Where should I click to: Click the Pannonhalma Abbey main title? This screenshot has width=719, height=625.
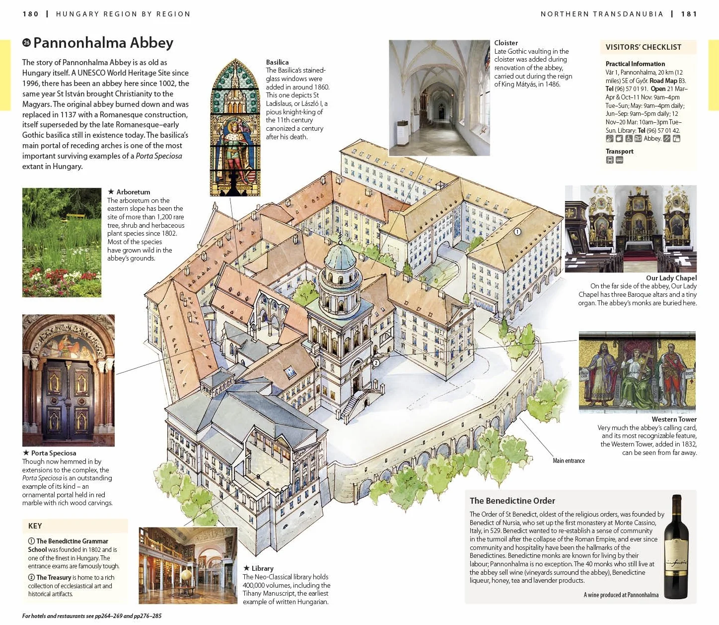pyautogui.click(x=103, y=43)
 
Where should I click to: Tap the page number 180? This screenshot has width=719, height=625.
pyautogui.click(x=31, y=14)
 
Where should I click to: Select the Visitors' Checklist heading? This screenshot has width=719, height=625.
pyautogui.click(x=643, y=47)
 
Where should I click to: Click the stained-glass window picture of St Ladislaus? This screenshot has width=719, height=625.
pyautogui.click(x=235, y=127)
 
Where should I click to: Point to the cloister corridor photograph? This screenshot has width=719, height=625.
pyautogui.click(x=439, y=98)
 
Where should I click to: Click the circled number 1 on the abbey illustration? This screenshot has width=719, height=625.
pyautogui.click(x=517, y=232)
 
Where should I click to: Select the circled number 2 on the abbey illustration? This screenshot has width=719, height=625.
pyautogui.click(x=376, y=363)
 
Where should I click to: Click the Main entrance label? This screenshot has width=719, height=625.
pyautogui.click(x=569, y=460)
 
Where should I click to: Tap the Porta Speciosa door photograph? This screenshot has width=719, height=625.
pyautogui.click(x=69, y=380)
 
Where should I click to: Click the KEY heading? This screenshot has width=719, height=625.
pyautogui.click(x=35, y=526)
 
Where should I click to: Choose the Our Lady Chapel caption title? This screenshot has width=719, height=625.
pyautogui.click(x=671, y=278)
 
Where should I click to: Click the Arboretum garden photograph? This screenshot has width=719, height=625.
pyautogui.click(x=62, y=243)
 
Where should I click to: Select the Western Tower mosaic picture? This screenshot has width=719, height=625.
pyautogui.click(x=637, y=372)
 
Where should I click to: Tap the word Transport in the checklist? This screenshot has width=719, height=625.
pyautogui.click(x=619, y=151)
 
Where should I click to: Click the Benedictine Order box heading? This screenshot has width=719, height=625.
pyautogui.click(x=512, y=501)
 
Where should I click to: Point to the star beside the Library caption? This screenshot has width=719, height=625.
pyautogui.click(x=247, y=568)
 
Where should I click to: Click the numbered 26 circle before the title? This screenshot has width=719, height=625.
pyautogui.click(x=27, y=43)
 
